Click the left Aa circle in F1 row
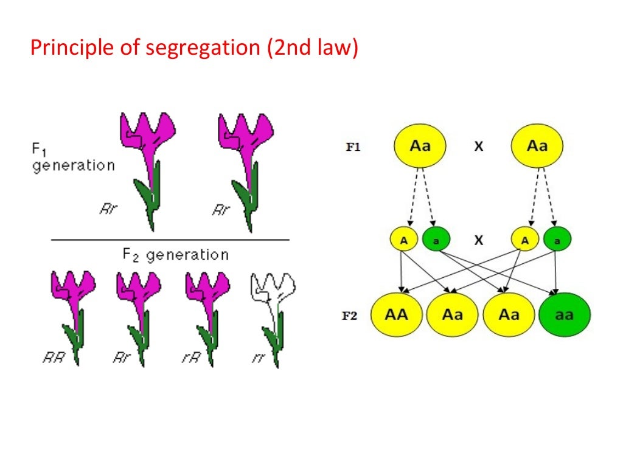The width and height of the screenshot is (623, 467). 420,147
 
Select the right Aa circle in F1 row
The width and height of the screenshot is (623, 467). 537,147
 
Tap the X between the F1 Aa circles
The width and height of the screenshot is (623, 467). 479,147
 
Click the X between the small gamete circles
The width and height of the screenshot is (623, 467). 479,240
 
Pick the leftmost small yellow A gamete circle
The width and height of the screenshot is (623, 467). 403,240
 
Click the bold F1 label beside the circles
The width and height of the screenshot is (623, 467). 353,147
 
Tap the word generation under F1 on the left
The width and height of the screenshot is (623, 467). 73,165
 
